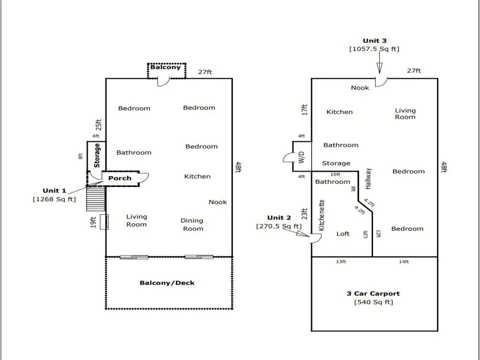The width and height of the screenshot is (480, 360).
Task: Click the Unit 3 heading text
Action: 375,41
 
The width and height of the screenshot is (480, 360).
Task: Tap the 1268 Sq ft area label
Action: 54,199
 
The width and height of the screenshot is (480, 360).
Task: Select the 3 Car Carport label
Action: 373,293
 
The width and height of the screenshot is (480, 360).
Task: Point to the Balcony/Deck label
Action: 167,283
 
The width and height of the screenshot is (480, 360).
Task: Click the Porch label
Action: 120,178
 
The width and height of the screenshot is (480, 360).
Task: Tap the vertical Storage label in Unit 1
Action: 97,155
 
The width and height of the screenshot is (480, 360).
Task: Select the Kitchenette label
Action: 322,215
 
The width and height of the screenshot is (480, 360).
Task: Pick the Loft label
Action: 343,233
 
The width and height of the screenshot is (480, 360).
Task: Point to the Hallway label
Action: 368,179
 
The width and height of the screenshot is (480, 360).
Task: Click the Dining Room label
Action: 192,225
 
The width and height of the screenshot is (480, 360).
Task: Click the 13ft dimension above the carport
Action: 341,262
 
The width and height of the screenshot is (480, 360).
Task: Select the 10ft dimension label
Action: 336,174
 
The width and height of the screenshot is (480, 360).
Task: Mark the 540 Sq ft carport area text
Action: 374,302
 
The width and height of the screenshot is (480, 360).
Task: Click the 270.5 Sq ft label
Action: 279,226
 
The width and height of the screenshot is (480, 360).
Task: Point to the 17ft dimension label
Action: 304,110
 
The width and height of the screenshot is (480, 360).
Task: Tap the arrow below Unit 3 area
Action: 379,68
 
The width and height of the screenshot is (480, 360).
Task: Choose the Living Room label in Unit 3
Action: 405,114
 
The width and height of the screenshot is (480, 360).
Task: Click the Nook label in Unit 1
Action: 217,202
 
